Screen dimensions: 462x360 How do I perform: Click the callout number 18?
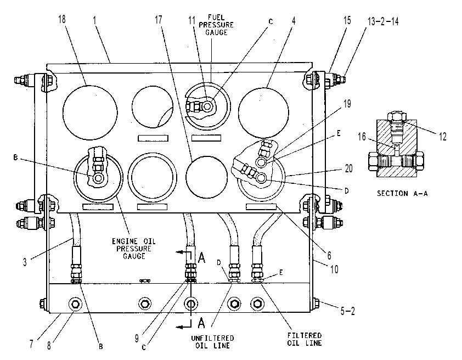62,19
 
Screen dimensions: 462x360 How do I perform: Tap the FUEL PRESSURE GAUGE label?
216,25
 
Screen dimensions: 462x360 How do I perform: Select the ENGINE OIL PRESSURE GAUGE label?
134,249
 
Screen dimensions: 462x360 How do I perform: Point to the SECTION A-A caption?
402,194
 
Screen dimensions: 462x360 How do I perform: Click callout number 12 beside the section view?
443,137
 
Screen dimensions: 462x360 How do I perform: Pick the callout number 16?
362,137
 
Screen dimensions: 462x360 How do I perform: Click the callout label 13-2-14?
383,21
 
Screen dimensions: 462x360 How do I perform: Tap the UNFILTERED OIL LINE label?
212,342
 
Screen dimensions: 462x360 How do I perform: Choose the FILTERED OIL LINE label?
305,339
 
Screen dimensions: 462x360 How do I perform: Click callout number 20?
349,168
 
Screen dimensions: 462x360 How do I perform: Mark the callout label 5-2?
348,311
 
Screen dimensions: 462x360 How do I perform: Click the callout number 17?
159,20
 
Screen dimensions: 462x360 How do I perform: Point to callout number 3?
25,262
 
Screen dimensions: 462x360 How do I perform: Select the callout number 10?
334,269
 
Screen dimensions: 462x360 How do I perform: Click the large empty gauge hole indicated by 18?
90,113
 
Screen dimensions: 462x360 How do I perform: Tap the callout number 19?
347,104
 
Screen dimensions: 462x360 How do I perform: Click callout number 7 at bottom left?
31,344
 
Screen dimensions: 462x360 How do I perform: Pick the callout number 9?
137,339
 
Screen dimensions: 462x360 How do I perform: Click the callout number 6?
329,255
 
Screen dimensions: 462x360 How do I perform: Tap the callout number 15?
347,20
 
